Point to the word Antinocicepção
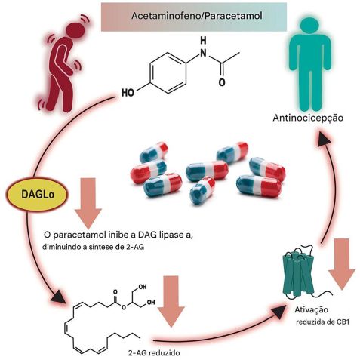(309, 118)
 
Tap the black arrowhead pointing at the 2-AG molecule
(54, 300)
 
